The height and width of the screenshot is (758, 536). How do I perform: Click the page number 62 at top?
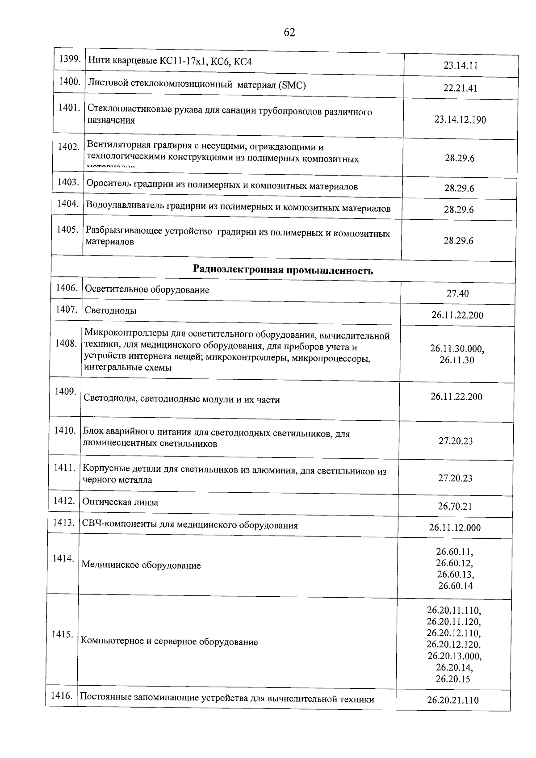point(289,33)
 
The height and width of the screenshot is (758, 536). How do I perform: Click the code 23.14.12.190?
point(460,120)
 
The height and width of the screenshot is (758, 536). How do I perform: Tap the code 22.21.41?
point(461,88)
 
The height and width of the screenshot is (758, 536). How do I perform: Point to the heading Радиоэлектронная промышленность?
point(283,270)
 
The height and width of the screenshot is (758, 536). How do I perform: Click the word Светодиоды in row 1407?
point(110,310)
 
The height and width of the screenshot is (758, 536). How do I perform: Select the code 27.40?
point(457,293)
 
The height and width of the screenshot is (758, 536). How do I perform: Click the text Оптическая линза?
point(120,502)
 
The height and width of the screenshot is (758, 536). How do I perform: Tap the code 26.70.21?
point(455,506)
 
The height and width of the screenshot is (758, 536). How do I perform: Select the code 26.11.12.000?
point(455,528)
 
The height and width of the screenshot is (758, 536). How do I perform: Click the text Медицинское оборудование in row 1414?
point(141,565)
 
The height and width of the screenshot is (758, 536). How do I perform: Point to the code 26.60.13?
point(456,574)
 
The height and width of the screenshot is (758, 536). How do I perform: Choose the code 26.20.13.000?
point(454,656)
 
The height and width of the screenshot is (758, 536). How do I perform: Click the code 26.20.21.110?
point(452,700)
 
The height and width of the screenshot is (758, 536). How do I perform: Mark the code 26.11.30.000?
point(457,349)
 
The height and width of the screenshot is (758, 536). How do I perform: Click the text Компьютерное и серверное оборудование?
point(169,642)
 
